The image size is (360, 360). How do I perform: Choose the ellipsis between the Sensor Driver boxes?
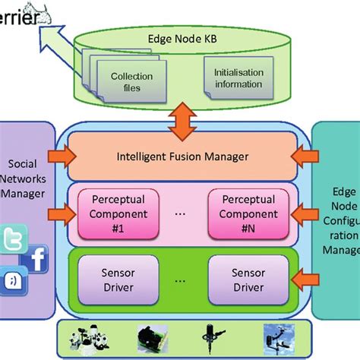[x=180, y=280]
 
